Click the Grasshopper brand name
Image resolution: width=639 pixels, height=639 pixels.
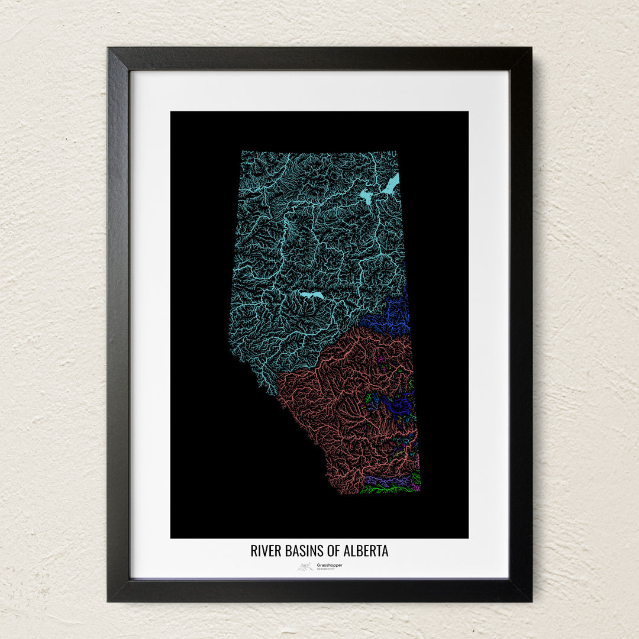click(x=329, y=565)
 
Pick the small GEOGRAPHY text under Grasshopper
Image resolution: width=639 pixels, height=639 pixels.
click(x=325, y=569)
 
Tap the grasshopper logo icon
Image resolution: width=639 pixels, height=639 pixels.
click(x=305, y=567)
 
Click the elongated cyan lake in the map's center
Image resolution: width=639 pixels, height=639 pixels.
click(x=312, y=295)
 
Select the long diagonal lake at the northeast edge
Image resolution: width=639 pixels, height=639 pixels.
click(x=390, y=184)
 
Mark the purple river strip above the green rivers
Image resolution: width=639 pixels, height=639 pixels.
click(x=385, y=480)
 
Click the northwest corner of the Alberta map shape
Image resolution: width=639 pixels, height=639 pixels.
click(x=241, y=151)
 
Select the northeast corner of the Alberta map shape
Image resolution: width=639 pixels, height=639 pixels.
click(x=397, y=151)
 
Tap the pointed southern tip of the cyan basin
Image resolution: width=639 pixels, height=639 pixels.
click(x=272, y=393)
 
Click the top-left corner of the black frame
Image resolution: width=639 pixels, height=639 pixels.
click(x=109, y=49)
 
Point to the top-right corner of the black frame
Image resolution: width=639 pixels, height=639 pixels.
click(x=530, y=49)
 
